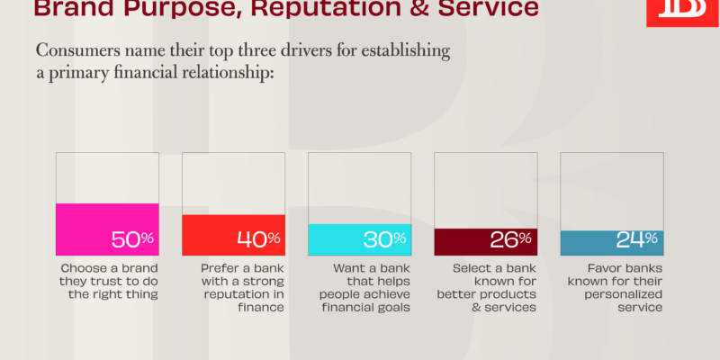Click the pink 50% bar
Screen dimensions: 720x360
coord(107,229)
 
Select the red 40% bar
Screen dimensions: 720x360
coord(233,235)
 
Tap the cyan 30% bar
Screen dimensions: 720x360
coord(359,239)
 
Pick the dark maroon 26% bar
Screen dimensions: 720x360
coord(486,242)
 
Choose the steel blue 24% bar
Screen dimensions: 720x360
coord(612,243)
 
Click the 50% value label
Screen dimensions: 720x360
coord(132,239)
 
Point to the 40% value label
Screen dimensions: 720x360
coord(258,239)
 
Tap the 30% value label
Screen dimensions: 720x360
coord(385,239)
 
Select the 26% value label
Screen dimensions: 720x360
coord(510,239)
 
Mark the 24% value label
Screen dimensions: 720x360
coord(637,239)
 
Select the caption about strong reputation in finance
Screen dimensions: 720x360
coord(242,287)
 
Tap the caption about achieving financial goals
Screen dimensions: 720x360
coord(365,287)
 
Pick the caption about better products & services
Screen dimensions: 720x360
coord(487,287)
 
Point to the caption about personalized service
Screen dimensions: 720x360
coord(616,287)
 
